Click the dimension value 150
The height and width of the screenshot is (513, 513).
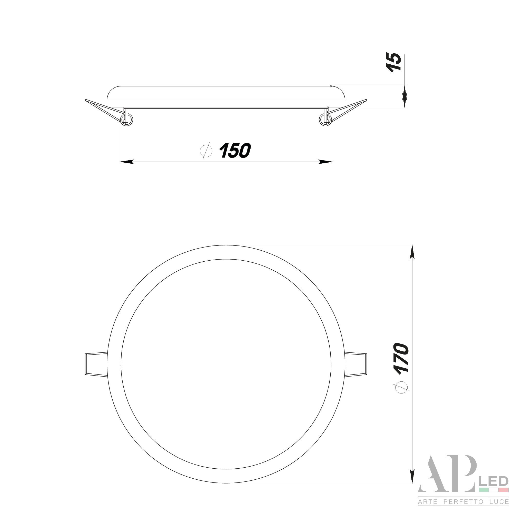coord(235,151)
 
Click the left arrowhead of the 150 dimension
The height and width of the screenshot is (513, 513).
coord(127,161)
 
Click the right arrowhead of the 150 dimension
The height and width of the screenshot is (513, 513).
coord(325,161)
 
